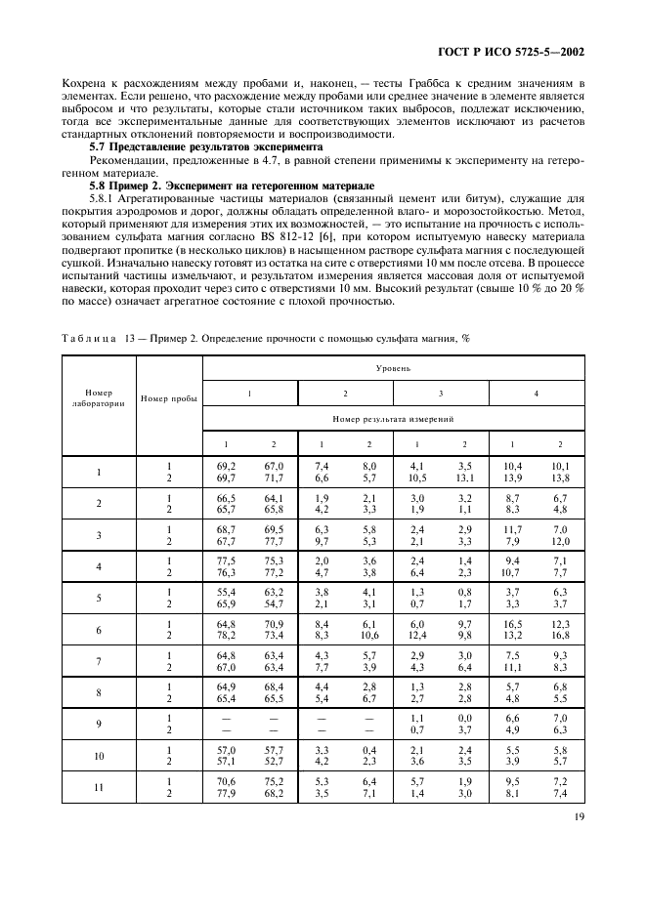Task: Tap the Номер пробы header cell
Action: [x=168, y=399]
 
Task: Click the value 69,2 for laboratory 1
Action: [x=226, y=467]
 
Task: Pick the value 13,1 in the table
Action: [x=463, y=478]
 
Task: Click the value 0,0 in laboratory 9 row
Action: [x=463, y=718]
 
